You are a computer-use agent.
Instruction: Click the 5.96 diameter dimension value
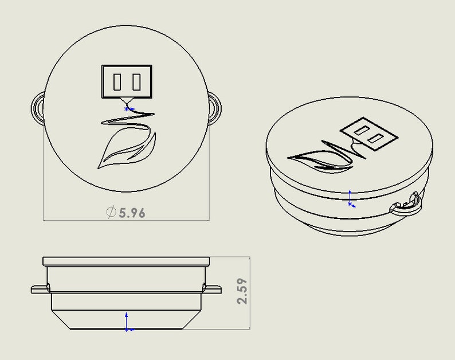click(132, 213)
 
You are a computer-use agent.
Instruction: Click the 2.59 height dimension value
click(242, 291)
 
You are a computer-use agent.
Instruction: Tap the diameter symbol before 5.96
click(111, 212)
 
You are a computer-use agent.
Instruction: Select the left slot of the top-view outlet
click(117, 82)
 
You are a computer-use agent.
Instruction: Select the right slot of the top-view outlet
click(137, 82)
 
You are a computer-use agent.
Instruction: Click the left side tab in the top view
click(37, 108)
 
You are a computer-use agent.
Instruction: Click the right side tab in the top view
click(215, 108)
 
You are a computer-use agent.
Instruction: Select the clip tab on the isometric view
click(406, 205)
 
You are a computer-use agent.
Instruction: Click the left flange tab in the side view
click(40, 289)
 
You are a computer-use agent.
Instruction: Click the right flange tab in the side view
click(213, 289)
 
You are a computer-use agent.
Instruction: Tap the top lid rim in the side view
click(126, 261)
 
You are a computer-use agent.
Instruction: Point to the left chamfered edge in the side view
click(61, 320)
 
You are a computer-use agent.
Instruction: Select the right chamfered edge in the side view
click(191, 320)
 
